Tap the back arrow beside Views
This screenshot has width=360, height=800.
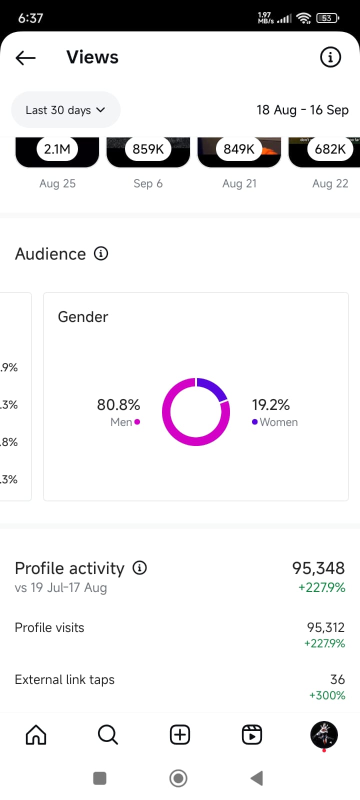(25, 58)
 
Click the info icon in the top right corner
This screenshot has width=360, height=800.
(330, 57)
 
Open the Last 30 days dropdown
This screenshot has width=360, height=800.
(65, 110)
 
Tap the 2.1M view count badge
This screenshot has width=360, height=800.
(57, 149)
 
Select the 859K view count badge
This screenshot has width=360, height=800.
(148, 149)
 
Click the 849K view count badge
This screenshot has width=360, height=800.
(239, 149)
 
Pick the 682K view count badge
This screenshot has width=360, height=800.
(330, 149)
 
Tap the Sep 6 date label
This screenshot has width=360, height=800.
(148, 183)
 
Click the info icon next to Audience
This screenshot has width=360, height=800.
(101, 253)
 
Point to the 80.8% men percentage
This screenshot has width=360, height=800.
(118, 404)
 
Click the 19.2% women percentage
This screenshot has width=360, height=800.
(270, 404)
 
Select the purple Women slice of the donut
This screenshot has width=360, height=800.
(213, 388)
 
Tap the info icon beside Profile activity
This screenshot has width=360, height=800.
(139, 568)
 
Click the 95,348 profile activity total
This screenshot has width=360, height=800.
(318, 568)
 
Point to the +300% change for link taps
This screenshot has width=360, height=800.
(327, 695)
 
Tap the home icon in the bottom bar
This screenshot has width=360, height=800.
(36, 735)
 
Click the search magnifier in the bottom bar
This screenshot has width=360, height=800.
(107, 735)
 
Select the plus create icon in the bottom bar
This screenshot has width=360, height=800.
(180, 735)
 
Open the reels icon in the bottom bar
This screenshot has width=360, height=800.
(252, 735)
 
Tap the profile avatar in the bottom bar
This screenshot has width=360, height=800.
(324, 734)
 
